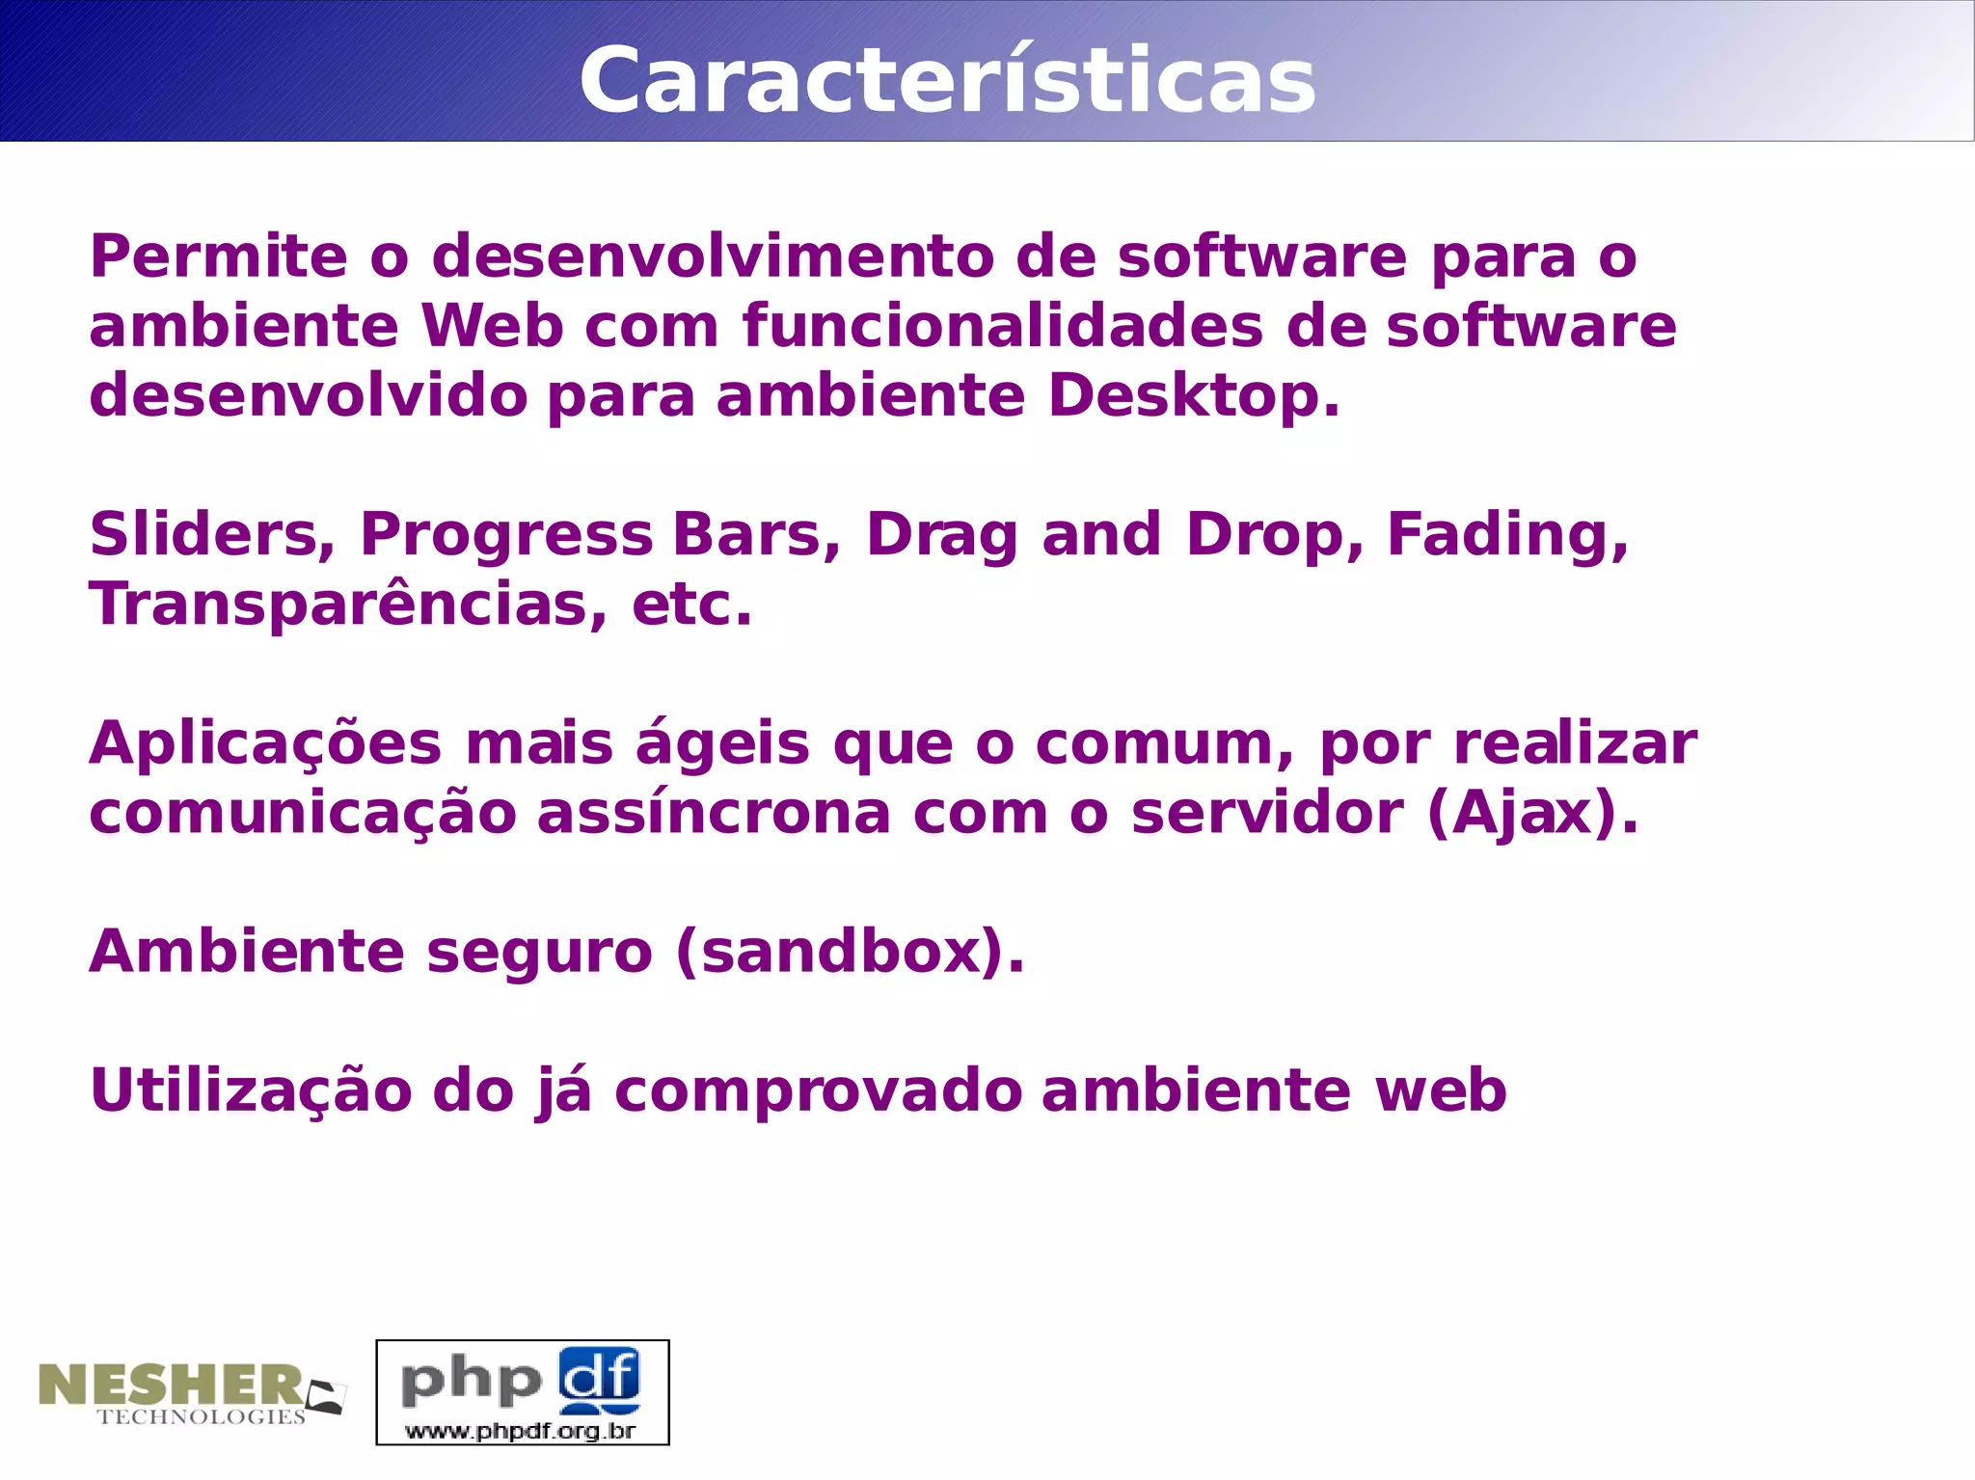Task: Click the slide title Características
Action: coord(947,80)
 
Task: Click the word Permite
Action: coord(218,257)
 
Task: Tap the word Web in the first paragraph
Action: coord(492,326)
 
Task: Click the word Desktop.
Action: coord(1193,396)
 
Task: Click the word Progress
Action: coord(506,537)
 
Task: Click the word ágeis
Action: coord(721,745)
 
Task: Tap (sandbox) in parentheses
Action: coord(850,952)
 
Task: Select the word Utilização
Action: coord(251,1090)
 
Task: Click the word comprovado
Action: coord(818,1092)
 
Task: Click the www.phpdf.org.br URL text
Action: coord(521,1430)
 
